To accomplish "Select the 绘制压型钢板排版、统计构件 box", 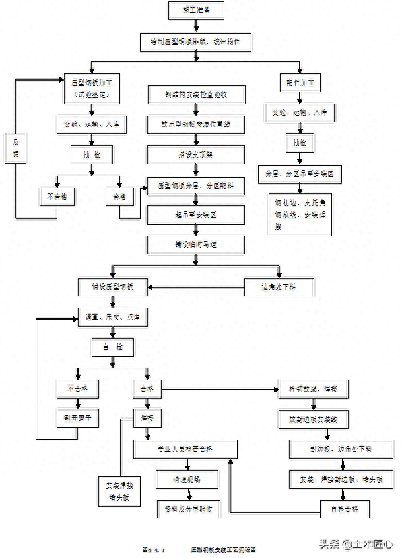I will click(x=195, y=41).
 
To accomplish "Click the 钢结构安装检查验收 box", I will click(x=196, y=94).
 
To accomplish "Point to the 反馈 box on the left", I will click(x=15, y=149).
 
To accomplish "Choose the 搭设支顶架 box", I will click(x=196, y=155).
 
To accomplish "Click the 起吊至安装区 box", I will click(x=196, y=215).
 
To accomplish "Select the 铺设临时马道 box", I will click(x=196, y=244).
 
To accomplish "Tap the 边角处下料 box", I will click(x=278, y=287).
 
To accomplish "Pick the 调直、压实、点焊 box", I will click(x=112, y=317).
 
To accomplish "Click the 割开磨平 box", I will click(x=78, y=417).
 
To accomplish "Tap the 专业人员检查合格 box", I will click(x=185, y=449).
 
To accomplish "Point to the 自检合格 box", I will click(x=344, y=509).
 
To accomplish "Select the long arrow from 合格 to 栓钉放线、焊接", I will click(x=218, y=390).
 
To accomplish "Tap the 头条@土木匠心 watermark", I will click(x=356, y=544).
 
